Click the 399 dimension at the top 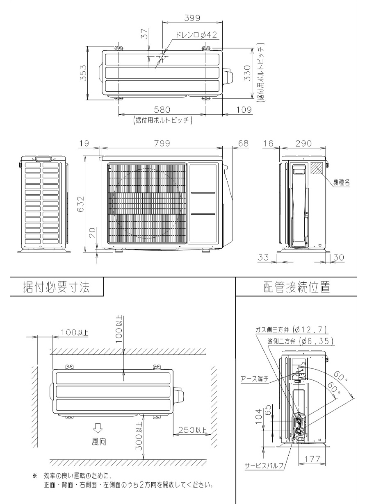[192, 18]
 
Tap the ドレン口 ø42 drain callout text [196, 35]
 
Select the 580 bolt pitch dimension [162, 109]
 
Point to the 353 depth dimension [84, 73]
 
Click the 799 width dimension [162, 143]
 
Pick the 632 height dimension [80, 204]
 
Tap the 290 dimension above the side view [303, 143]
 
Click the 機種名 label [342, 183]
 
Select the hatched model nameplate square [316, 168]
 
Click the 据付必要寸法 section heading [57, 287]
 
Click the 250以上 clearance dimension [192, 430]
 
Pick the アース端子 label [254, 379]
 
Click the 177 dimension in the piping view [312, 452]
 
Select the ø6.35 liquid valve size [317, 341]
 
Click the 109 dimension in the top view [244, 109]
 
